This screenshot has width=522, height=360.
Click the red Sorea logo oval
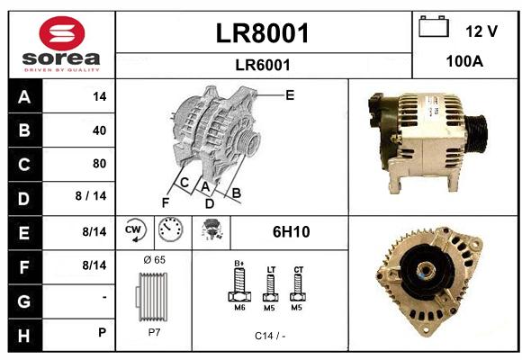[62, 33]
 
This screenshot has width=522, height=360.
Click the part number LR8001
[263, 33]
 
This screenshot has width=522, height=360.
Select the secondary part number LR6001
[263, 65]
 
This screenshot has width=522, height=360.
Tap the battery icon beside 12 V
[434, 26]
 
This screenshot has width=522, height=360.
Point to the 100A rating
[464, 61]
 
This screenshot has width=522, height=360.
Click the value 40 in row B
[100, 130]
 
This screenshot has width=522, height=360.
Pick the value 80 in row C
[100, 164]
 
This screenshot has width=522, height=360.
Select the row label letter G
[24, 301]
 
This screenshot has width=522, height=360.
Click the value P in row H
[103, 332]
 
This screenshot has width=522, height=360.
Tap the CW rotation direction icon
[135, 229]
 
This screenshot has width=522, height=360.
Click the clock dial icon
[170, 229]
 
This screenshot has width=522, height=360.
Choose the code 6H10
[292, 232]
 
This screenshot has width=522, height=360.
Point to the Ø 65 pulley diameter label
[155, 260]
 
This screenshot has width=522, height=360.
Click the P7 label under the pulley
[154, 332]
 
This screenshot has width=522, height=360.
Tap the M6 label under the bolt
[239, 308]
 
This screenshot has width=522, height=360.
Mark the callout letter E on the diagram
[290, 95]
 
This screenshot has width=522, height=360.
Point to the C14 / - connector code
[270, 336]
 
